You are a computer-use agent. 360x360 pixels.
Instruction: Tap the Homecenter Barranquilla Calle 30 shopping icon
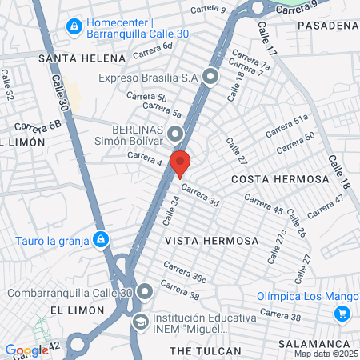[x=74, y=26]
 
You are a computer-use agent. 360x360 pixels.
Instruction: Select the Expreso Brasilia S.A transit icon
[x=211, y=78]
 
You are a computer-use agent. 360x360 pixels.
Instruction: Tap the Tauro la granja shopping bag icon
[x=100, y=238]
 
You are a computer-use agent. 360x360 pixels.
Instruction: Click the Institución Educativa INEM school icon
[x=140, y=322]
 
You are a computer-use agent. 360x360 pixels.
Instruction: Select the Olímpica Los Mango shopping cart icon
[x=343, y=314]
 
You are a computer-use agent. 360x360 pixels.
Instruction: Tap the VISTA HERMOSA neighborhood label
[x=211, y=241]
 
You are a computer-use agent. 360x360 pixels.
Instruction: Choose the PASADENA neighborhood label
[x=326, y=26]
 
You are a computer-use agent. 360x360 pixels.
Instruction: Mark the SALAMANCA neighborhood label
[x=326, y=342]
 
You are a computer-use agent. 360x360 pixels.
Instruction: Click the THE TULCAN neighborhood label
[x=206, y=351]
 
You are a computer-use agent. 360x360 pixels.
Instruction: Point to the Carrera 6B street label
[x=38, y=126]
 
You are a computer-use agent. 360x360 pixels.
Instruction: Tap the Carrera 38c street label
[x=186, y=273]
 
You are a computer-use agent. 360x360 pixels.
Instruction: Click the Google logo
[x=26, y=350]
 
